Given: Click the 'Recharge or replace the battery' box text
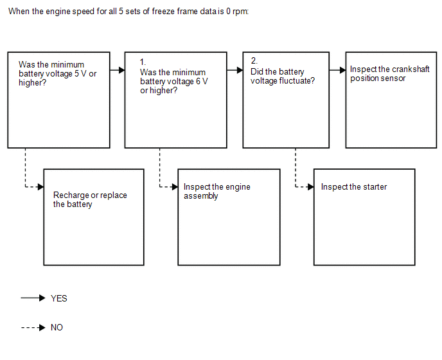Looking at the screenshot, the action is point(90,199).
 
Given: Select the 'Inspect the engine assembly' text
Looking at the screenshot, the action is point(217,192).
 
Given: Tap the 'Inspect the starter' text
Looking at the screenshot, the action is point(354,187).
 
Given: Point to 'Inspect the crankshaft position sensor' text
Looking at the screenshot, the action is point(389,73).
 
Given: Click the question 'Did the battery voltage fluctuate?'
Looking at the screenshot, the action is point(283,76).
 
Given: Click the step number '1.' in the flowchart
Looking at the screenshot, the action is point(143,62).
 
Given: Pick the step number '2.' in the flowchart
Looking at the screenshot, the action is point(254,60).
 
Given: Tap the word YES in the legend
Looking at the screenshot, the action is point(59,298).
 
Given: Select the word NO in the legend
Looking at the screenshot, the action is point(57,328).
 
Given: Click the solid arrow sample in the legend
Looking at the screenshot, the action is point(33,298).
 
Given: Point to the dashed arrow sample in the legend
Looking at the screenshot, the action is point(33,328).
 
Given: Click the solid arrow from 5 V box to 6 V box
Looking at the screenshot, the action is point(118,70).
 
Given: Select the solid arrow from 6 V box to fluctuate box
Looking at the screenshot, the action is point(235,70).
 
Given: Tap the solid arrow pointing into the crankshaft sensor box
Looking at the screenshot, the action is point(337,70).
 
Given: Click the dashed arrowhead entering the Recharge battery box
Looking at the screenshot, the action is point(40,187).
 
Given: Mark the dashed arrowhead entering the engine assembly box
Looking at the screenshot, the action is point(175,187).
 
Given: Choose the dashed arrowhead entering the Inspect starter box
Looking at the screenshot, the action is point(310,187).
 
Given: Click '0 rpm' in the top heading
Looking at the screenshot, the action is point(236,12).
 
